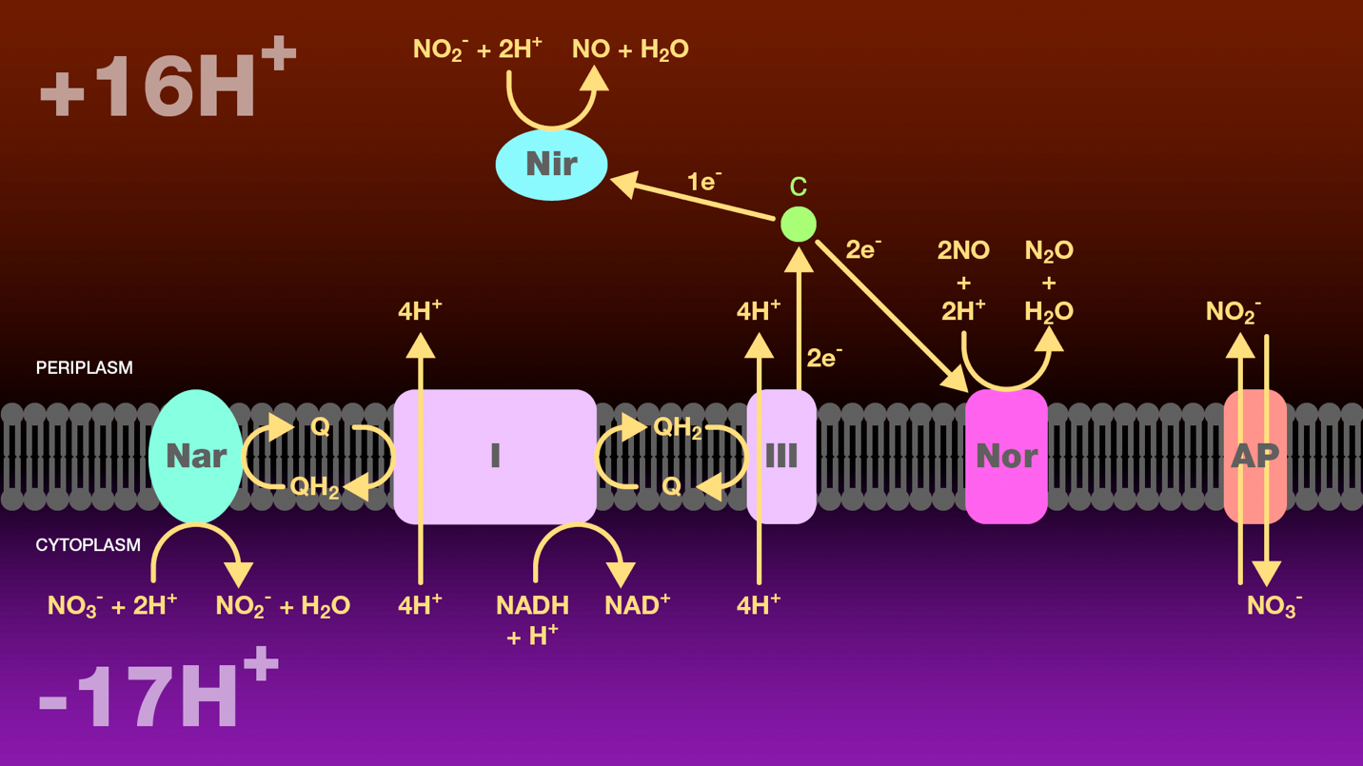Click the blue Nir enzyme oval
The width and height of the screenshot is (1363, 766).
click(x=551, y=165)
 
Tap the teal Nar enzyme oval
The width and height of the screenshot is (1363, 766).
click(x=195, y=457)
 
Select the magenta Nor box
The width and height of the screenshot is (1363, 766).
click(x=1006, y=457)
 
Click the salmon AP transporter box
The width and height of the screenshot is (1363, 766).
click(x=1254, y=457)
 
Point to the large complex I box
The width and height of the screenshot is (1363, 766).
click(x=495, y=457)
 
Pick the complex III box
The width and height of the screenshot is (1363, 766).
click(x=781, y=457)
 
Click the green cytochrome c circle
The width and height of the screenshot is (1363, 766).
click(x=798, y=225)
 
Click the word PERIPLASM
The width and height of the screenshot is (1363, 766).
click(x=84, y=368)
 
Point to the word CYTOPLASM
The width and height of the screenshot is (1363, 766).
click(x=88, y=545)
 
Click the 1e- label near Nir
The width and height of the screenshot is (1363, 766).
click(x=703, y=182)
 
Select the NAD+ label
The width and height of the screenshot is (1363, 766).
click(x=637, y=605)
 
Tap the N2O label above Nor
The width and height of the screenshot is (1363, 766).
click(x=1048, y=251)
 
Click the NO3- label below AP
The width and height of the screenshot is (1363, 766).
click(x=1274, y=606)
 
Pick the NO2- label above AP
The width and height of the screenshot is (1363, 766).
click(x=1233, y=311)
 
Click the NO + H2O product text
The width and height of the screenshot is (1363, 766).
click(x=630, y=49)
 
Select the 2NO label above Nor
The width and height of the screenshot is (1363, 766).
click(x=963, y=251)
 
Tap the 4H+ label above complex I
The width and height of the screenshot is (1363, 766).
click(x=420, y=310)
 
